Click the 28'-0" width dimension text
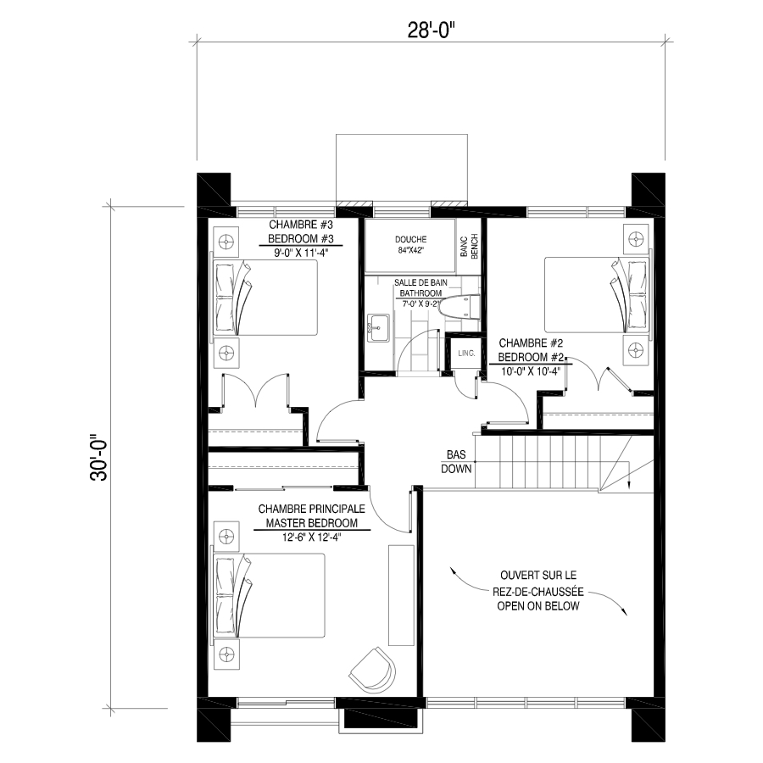431,31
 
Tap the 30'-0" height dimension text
99,458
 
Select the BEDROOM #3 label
301,239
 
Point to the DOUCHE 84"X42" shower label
410,245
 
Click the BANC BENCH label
469,246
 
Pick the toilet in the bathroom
459,308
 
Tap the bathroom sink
378,328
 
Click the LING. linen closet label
466,353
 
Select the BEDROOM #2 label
531,357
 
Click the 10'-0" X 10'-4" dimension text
531,371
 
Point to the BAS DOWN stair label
456,462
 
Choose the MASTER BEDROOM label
311,523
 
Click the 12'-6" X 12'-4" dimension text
311,537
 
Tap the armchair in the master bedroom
372,671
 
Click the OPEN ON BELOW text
538,606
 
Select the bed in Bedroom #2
597,295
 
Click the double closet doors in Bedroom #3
255,391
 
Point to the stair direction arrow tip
629,487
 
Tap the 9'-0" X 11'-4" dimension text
301,253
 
